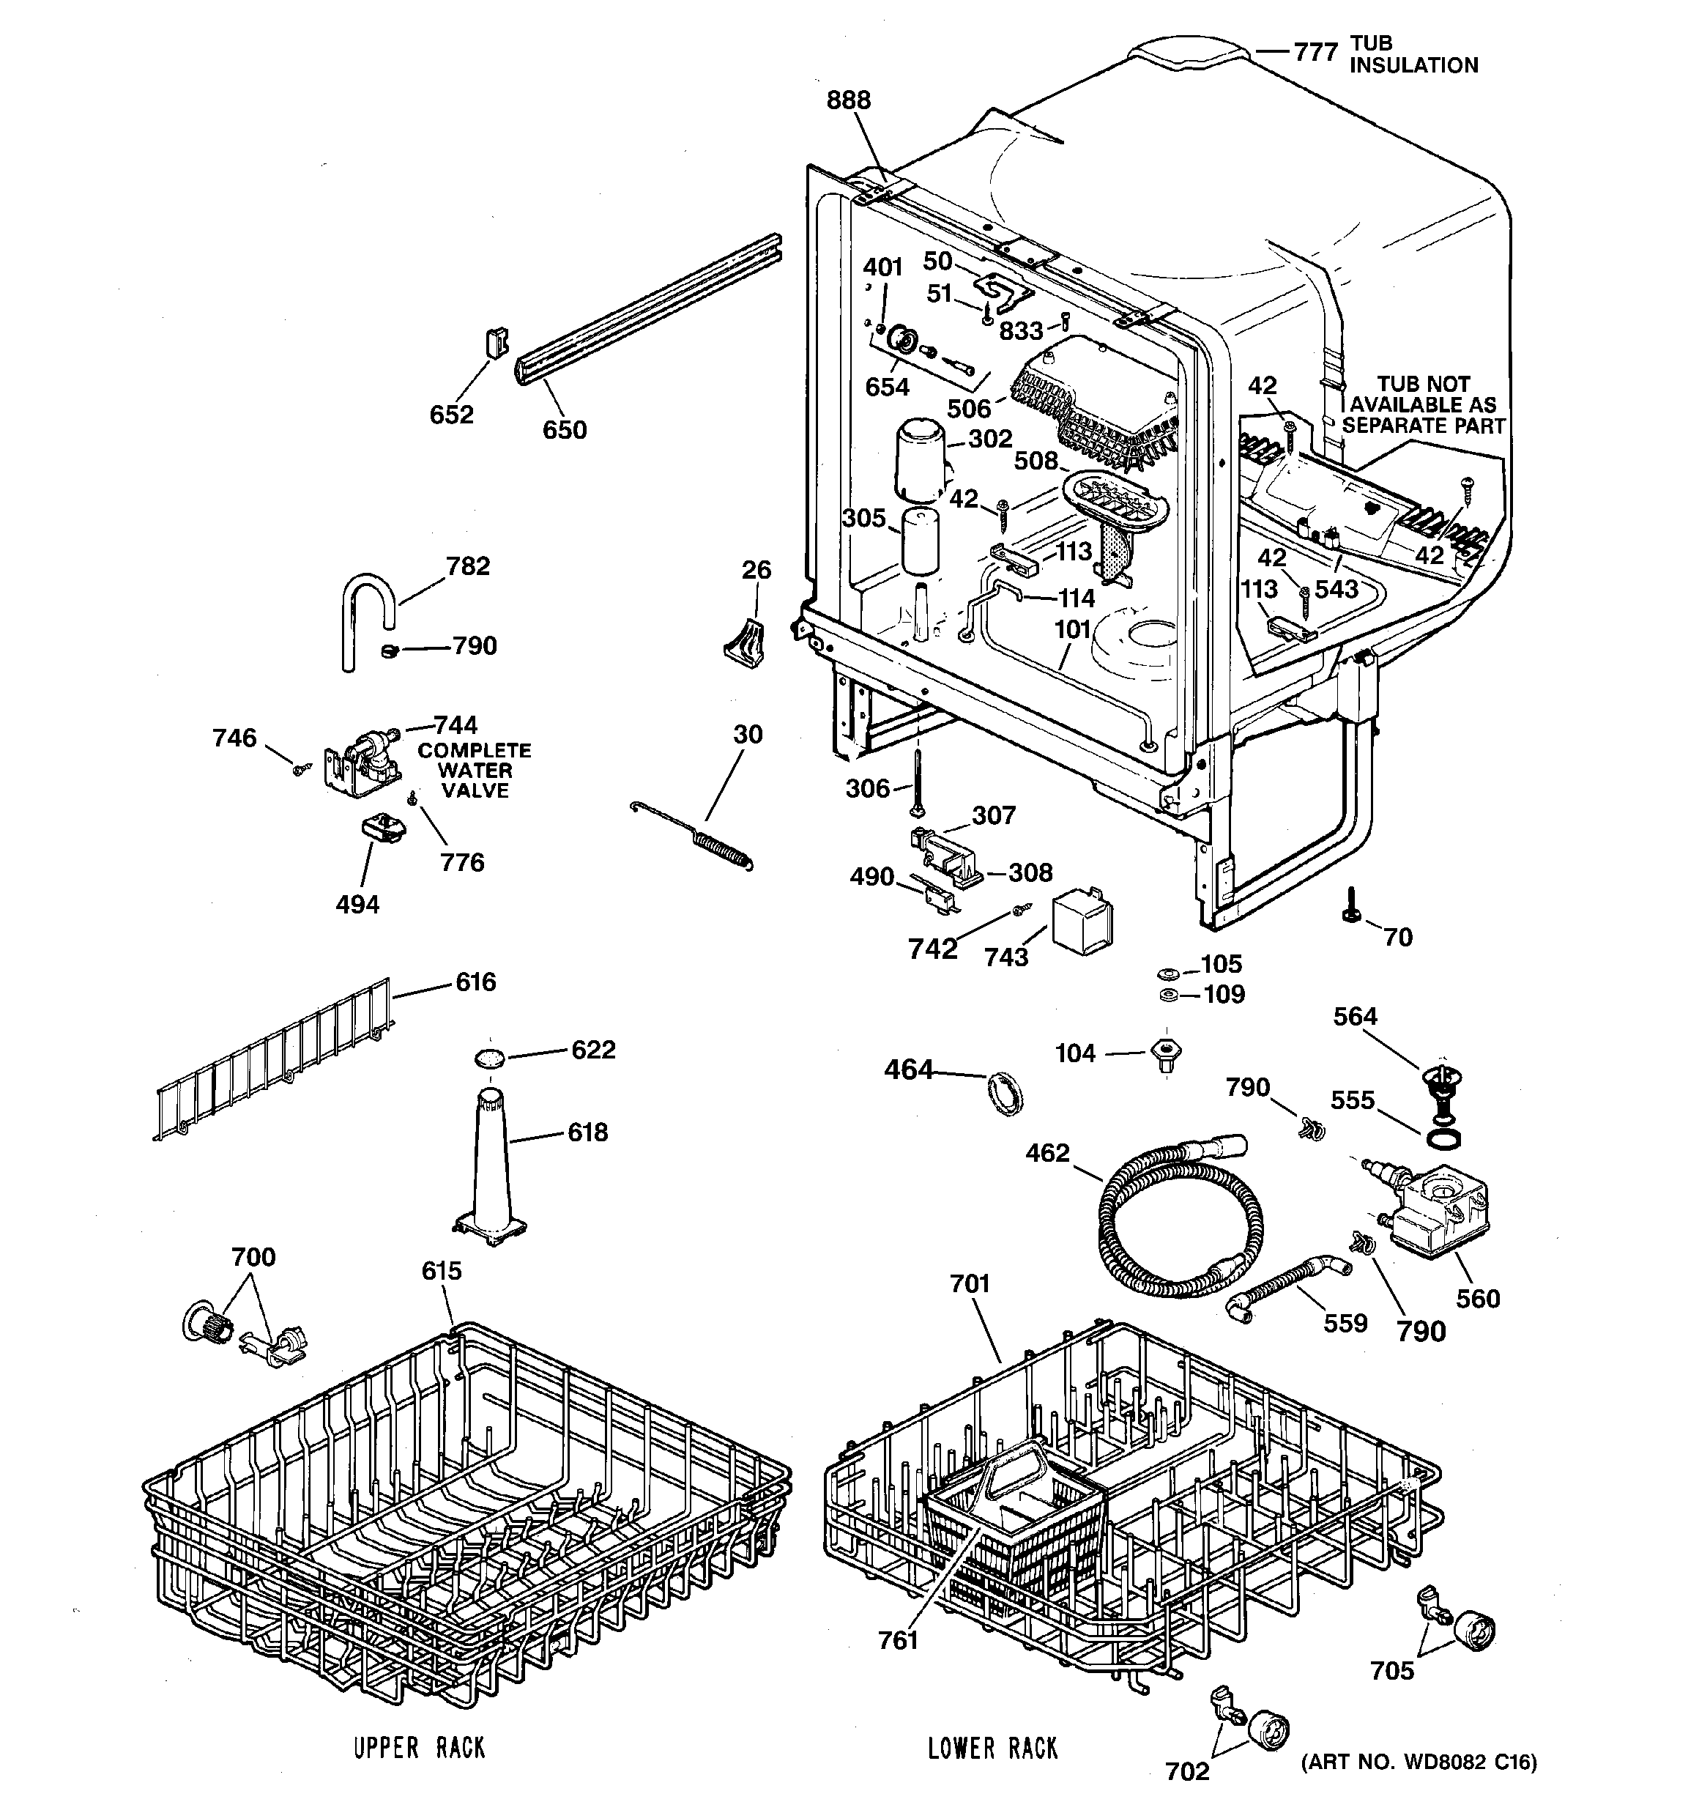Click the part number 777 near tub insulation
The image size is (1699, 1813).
(1315, 53)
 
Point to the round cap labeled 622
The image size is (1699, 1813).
(490, 1058)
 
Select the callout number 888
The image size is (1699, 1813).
(848, 100)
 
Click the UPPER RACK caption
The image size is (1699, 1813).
(419, 1747)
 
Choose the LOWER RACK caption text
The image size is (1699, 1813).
(992, 1747)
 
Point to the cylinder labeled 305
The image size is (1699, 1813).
(921, 543)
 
